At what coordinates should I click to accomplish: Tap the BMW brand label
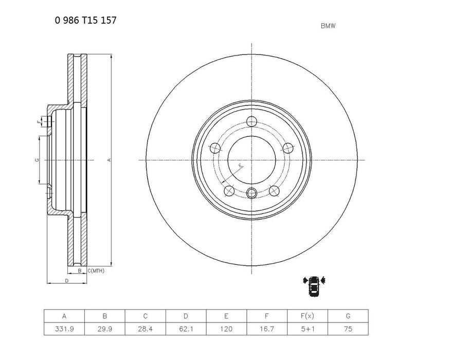pos(328,25)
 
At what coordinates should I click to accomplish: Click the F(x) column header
pos(308,316)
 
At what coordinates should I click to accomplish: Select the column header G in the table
pos(348,316)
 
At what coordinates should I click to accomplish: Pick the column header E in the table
pos(226,316)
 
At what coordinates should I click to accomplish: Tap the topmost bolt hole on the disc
pos(251,121)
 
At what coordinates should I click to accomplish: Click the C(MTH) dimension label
pos(95,270)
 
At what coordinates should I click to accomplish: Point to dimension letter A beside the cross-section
pos(109,160)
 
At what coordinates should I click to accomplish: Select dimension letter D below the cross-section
pos(67,280)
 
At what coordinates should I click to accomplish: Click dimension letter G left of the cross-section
pos(37,160)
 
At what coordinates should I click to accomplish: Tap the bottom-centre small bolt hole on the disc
pos(251,193)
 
